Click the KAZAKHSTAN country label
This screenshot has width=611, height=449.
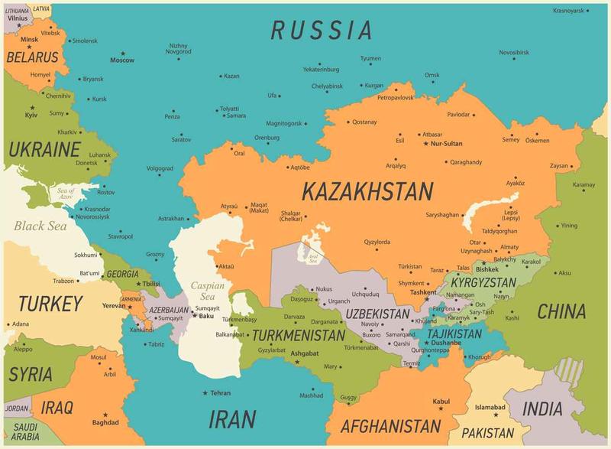pos(367,190)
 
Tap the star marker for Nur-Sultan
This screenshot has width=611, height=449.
pos(425,143)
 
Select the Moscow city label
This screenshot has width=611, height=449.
pos(121,60)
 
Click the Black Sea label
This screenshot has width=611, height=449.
pos(40,226)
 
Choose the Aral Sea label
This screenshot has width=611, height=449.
pos(312,259)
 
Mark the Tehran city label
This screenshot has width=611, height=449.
pos(220,392)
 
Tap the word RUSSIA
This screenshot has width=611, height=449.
pos(322,30)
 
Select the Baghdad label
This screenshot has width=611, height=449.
pos(105,421)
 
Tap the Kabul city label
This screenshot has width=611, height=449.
pos(441,401)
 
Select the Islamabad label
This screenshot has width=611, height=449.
pos(490,406)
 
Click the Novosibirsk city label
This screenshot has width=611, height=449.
pos(514,52)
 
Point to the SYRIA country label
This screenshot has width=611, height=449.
pos(31,374)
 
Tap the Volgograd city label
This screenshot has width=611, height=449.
pos(160,168)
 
